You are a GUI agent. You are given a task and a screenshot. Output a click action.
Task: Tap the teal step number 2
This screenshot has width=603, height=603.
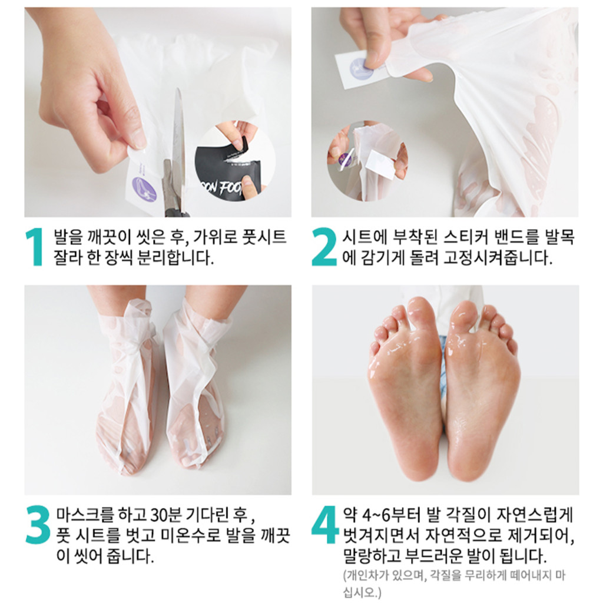click(324, 247)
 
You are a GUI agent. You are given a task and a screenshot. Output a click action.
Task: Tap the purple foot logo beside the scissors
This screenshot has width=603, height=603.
click(144, 189)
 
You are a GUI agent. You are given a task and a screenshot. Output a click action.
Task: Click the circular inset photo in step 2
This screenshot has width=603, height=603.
click(367, 161)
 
